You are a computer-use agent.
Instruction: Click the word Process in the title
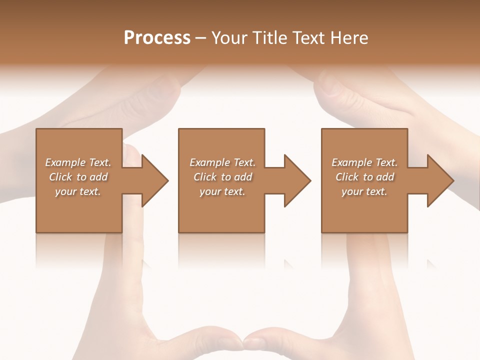coord(157,38)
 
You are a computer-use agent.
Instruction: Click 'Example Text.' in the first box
coord(78,162)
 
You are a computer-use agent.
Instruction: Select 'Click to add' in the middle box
coord(222,177)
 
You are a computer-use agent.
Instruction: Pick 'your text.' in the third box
coord(364,191)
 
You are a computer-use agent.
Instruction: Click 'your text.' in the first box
coord(78,191)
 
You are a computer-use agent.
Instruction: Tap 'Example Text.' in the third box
coord(364,162)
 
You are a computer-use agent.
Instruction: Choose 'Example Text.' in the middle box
coord(222,162)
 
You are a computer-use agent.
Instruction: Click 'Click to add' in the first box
coord(78,177)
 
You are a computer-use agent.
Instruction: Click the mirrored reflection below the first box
coord(79,250)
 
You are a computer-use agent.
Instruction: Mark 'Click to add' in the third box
coord(364,177)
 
